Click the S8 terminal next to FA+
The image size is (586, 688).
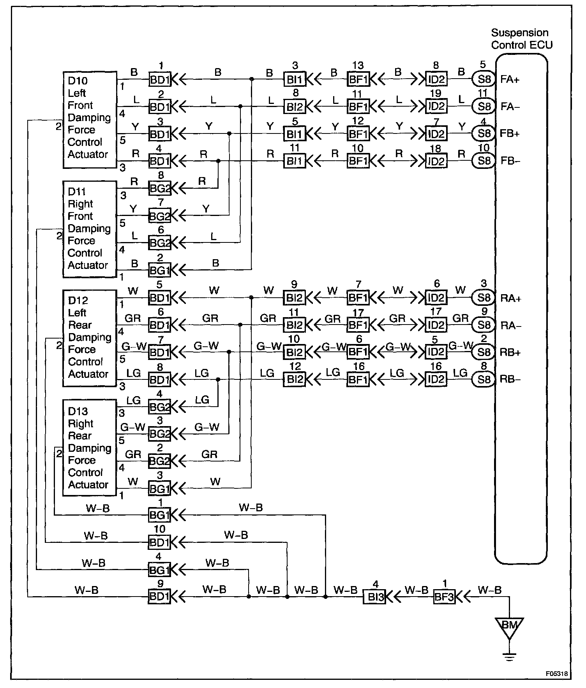pos(484,79)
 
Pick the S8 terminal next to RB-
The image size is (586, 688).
pos(484,379)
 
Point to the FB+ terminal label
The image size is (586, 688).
pos(510,133)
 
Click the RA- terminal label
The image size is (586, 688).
pos(510,326)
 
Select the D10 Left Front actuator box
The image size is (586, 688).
pos(90,119)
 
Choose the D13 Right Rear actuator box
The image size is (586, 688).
pos(90,448)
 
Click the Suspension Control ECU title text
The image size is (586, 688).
pos(521,39)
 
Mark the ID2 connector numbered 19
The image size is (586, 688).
pos(436,106)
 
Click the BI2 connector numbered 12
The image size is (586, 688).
pos(295,379)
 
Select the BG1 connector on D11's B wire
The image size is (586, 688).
pos(159,270)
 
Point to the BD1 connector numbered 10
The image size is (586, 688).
pos(159,542)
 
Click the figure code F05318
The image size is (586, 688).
pos(556,674)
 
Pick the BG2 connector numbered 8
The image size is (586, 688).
pos(159,189)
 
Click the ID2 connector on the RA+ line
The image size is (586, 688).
pos(436,298)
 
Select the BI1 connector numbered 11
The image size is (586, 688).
pos(295,161)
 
